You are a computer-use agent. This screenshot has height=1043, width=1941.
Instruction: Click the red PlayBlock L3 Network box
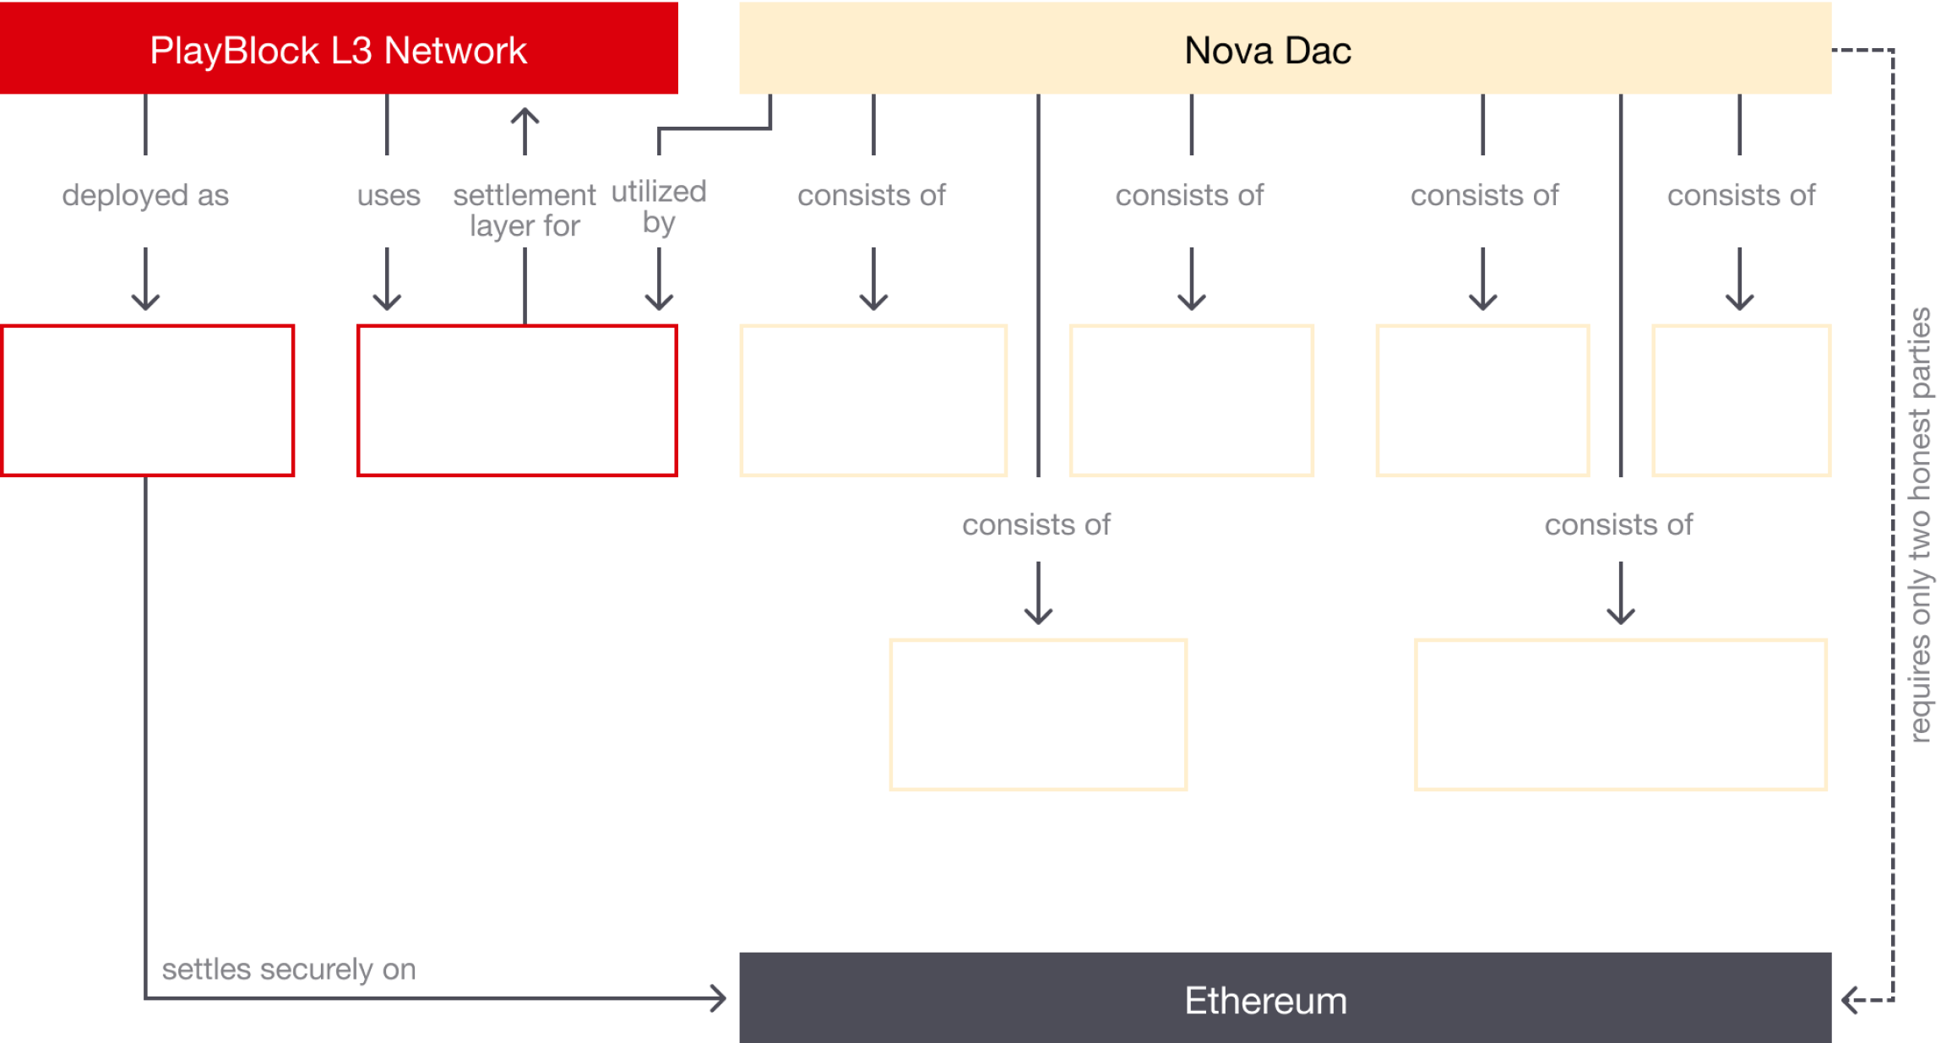click(339, 48)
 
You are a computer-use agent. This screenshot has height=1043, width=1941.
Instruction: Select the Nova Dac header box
click(1285, 48)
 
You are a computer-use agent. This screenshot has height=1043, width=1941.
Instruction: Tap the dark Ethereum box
click(1285, 997)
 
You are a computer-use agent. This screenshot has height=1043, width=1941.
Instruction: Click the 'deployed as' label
click(145, 195)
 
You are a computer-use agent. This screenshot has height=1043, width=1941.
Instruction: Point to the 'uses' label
click(389, 195)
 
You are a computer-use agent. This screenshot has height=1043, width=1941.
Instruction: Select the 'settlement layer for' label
click(525, 210)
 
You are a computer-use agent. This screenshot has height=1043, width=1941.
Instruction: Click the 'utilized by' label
click(659, 207)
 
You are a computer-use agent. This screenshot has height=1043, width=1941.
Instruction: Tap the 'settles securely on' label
click(289, 969)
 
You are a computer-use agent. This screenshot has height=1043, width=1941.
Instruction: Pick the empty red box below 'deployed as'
click(148, 400)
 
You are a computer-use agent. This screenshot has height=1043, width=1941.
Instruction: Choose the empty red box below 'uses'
click(517, 400)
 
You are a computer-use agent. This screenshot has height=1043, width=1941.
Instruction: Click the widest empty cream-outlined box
click(1621, 714)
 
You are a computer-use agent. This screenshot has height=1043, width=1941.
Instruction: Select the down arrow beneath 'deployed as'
click(145, 279)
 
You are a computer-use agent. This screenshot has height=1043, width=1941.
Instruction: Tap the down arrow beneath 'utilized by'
click(659, 279)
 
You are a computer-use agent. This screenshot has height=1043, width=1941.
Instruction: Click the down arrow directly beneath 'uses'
click(387, 279)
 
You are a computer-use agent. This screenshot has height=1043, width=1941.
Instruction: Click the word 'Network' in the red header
click(455, 51)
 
